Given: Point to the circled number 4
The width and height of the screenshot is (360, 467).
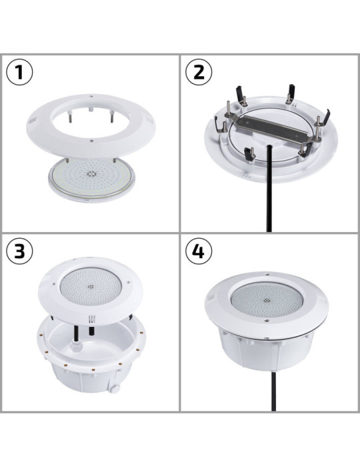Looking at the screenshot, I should pyautogui.click(x=198, y=252).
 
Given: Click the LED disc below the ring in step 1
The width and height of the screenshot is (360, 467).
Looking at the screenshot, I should pyautogui.click(x=91, y=177).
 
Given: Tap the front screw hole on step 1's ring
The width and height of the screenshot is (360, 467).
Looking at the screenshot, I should pyautogui.click(x=90, y=141).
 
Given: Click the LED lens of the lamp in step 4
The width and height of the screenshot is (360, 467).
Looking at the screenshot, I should pyautogui.click(x=269, y=304).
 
